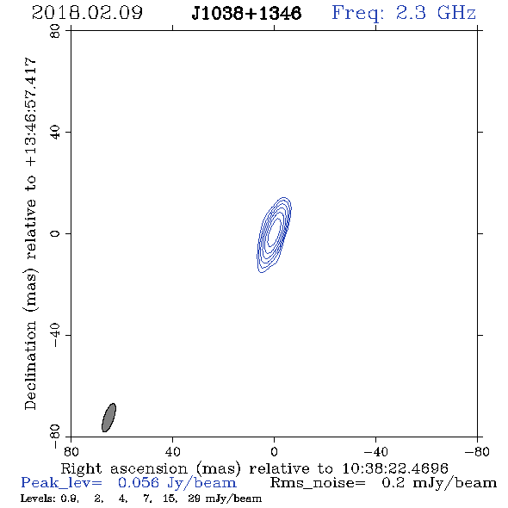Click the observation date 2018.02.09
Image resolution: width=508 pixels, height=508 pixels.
[87, 13]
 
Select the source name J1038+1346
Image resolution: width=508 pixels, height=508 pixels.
[246, 14]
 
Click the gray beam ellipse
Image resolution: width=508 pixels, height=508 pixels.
[108, 418]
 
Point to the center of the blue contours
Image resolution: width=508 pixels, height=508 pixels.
[275, 235]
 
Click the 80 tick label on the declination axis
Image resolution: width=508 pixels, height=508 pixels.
[55, 31]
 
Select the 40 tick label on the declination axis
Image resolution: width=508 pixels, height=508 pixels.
[55, 133]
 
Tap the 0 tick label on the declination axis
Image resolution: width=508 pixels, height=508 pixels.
[55, 233]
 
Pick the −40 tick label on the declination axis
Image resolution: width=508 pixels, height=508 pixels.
[55, 335]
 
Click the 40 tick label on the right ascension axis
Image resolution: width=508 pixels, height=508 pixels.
[173, 452]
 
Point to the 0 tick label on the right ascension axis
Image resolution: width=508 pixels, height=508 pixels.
[274, 452]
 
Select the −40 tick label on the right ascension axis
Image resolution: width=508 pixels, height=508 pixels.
[375, 452]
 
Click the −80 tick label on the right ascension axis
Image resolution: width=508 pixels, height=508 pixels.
[477, 452]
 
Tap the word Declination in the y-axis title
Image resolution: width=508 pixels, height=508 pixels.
[30, 365]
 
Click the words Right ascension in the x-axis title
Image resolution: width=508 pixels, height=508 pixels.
[124, 468]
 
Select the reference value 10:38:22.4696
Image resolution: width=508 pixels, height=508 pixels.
[395, 468]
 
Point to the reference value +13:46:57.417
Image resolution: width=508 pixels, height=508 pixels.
[30, 113]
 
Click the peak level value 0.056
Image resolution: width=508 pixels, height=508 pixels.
[139, 483]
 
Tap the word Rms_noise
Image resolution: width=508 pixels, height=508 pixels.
[318, 483]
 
